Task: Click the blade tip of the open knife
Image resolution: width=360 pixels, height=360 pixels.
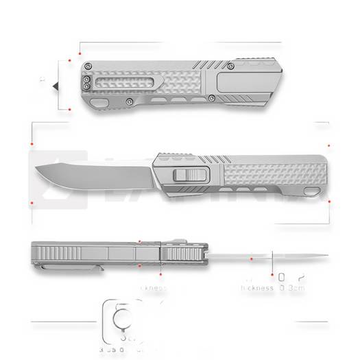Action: pos(34,170)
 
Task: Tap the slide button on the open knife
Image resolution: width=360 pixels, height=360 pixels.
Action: pos(191,174)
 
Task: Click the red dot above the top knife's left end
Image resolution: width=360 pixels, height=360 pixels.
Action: pos(80,53)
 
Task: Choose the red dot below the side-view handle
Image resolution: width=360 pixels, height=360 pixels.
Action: pos(139,266)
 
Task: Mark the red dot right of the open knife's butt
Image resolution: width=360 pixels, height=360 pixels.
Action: pos(330,201)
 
